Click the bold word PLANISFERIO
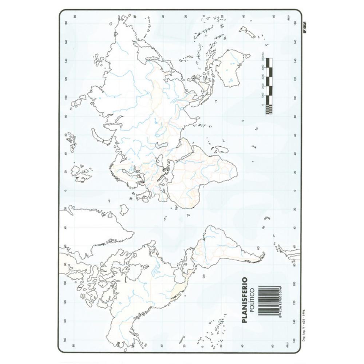tap(245, 300)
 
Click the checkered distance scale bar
tap(269, 86)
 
